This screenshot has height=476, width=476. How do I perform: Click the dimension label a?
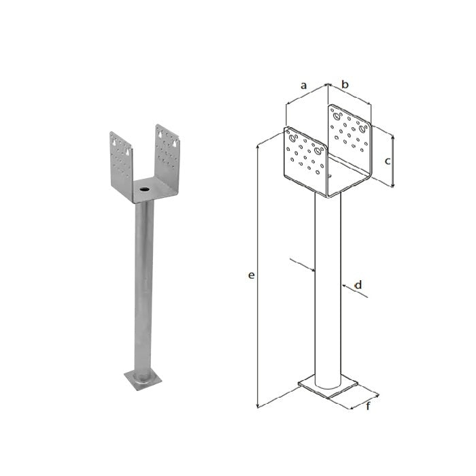[303, 86]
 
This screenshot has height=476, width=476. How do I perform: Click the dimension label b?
[345, 84]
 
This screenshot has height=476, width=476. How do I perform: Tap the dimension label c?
[388, 161]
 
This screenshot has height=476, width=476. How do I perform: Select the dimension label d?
[358, 285]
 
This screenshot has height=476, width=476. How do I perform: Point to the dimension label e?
[251, 275]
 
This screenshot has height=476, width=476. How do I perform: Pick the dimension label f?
[368, 405]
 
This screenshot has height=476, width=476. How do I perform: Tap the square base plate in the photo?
[143, 380]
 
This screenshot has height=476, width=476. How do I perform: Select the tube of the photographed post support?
[144, 288]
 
